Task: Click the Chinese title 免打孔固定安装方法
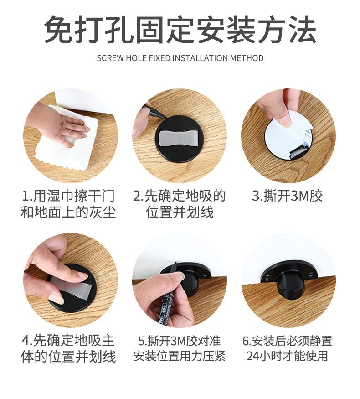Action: (x=180, y=29)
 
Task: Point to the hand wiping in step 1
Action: (x=61, y=124)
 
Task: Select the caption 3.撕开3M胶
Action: (x=288, y=196)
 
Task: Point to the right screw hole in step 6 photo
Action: (x=310, y=275)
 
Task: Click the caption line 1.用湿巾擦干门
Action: (x=69, y=196)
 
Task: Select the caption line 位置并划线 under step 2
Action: (x=180, y=212)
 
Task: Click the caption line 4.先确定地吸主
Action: (x=69, y=341)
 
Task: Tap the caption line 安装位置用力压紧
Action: (x=180, y=356)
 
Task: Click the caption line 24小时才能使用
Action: (x=288, y=356)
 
